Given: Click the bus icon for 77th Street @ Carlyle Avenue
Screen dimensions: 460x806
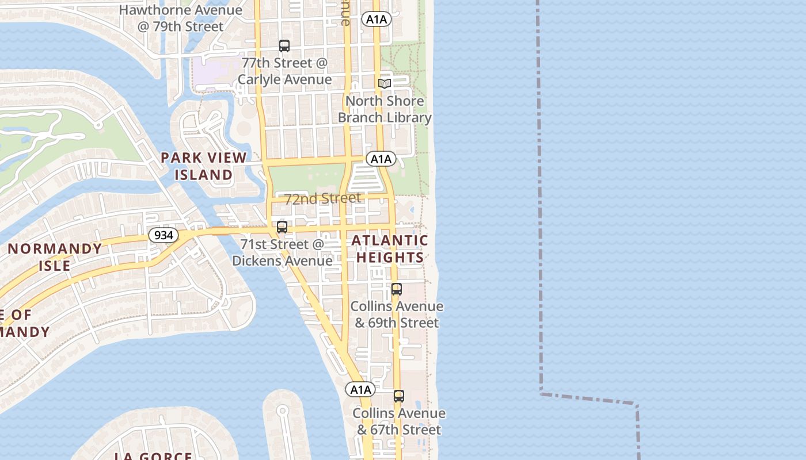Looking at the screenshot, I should point(284,46).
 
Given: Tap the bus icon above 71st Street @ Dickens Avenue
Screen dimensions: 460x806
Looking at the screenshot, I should point(282,227).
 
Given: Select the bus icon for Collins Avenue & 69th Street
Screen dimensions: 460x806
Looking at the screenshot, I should point(397,289).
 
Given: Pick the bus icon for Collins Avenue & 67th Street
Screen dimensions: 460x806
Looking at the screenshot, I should point(398,396).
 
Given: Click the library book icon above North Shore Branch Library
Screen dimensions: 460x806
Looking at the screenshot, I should point(385,83).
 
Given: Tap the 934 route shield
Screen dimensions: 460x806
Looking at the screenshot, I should point(163,235).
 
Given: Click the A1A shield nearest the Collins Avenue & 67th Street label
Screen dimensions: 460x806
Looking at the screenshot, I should point(361,389).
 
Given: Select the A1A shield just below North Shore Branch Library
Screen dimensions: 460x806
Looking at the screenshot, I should point(381,159).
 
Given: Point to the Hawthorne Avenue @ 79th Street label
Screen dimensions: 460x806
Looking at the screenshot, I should point(181,18).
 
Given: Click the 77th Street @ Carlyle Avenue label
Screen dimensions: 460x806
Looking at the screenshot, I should point(284,71).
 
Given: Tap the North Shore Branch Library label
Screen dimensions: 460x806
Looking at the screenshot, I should point(385,109).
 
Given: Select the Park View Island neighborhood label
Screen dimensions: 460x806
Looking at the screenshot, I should point(204,166).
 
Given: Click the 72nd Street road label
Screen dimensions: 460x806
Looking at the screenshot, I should point(322,198).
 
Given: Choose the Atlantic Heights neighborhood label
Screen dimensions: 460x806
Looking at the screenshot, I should point(390,248).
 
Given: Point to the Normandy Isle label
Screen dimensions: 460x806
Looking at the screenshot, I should point(55,257).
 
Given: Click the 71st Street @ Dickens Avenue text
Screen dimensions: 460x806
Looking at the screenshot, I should point(282,252).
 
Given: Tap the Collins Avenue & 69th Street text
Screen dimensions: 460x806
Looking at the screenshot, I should point(397,314).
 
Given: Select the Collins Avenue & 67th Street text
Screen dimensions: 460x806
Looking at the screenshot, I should point(399,421).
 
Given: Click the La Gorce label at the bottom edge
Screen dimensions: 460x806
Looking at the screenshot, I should point(153,456).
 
